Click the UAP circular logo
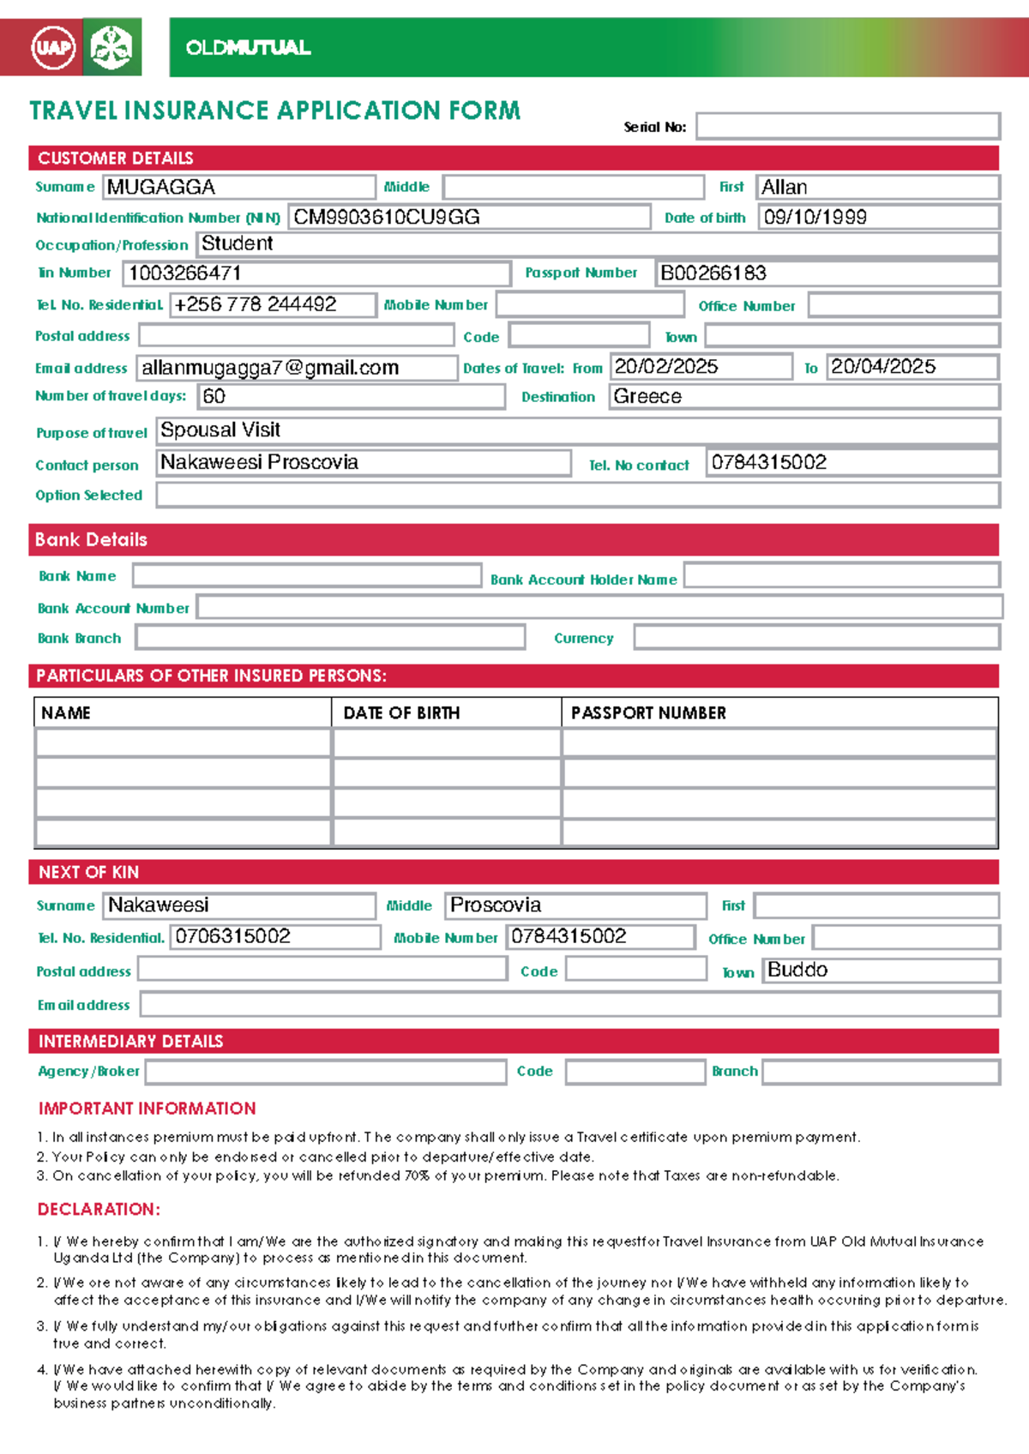(x=53, y=47)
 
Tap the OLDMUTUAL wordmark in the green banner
(x=248, y=48)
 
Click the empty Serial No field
(x=847, y=126)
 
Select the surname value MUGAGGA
(x=161, y=187)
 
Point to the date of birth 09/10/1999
(x=815, y=217)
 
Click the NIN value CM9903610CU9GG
(x=387, y=217)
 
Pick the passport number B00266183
(x=713, y=273)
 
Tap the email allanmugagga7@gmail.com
(x=270, y=368)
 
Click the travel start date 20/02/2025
(x=666, y=367)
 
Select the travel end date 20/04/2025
(x=882, y=367)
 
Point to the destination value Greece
(x=647, y=396)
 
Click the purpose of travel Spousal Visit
(x=220, y=430)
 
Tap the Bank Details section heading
(x=91, y=539)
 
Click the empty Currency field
(x=816, y=637)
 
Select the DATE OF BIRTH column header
(x=401, y=712)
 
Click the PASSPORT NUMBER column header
(x=648, y=712)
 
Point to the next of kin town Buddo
(x=797, y=970)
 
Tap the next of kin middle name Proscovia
(x=496, y=905)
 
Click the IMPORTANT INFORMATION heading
(x=147, y=1109)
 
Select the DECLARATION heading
(x=99, y=1209)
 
